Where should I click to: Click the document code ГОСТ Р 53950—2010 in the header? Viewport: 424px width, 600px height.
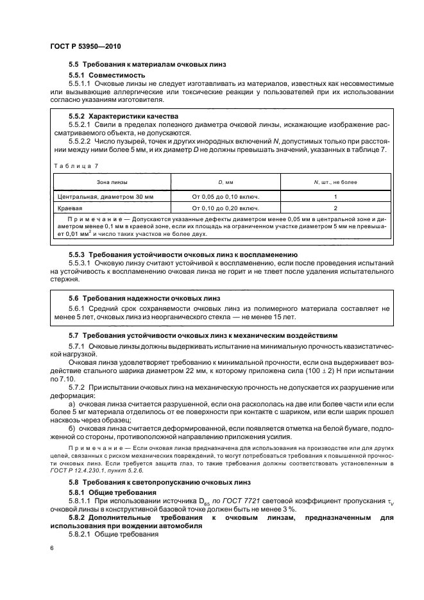[x=85, y=47]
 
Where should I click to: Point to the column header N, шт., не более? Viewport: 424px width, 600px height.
[x=335, y=183]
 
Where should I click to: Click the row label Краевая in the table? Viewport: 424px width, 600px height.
[x=71, y=208]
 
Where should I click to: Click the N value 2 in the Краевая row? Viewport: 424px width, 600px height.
[x=335, y=208]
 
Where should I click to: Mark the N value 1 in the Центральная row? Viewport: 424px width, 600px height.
[x=335, y=197]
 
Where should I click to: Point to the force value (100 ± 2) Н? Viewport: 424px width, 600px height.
[x=330, y=371]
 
